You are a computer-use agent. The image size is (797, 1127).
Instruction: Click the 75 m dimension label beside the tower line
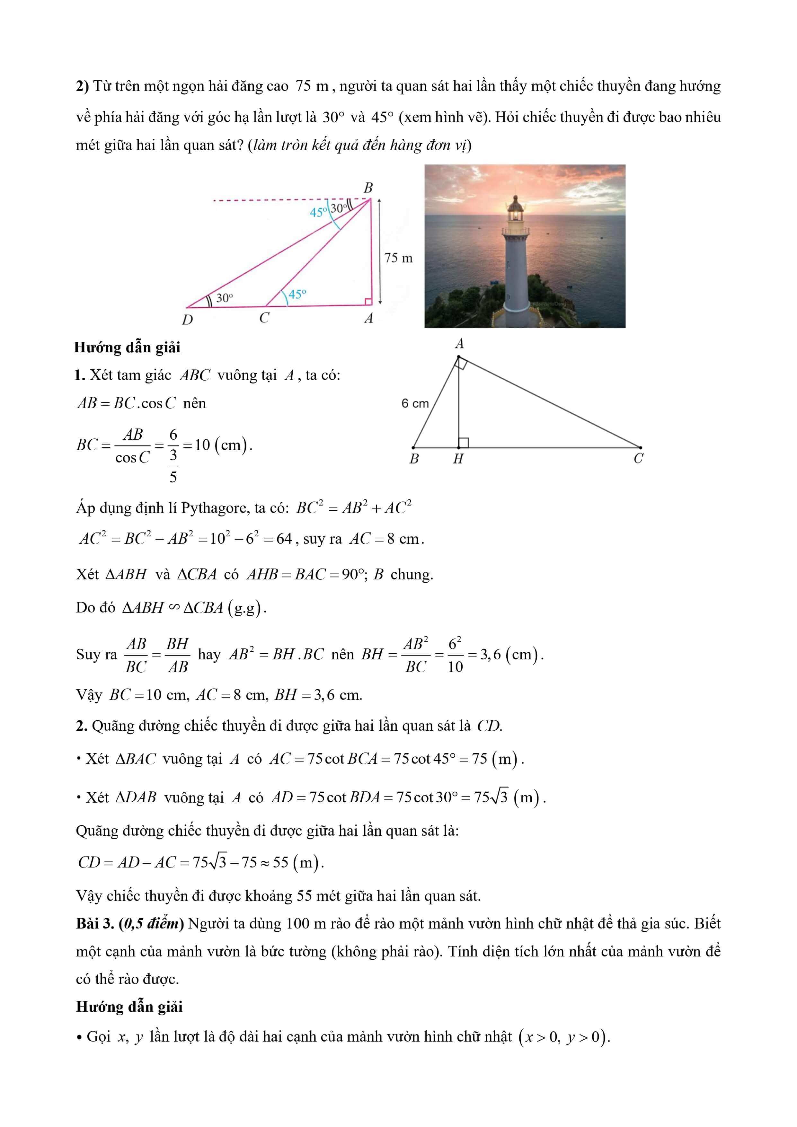click(x=398, y=258)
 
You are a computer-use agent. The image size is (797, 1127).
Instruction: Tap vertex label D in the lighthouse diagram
click(x=187, y=320)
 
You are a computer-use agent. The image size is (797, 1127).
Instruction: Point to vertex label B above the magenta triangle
click(x=368, y=188)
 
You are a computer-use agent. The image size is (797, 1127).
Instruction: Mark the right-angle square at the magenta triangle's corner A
click(x=368, y=301)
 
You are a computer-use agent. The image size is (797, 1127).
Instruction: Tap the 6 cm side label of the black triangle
click(x=415, y=403)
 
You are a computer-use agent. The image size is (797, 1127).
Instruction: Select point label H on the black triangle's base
click(x=458, y=459)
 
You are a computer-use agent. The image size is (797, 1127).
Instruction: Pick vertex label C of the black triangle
click(x=638, y=458)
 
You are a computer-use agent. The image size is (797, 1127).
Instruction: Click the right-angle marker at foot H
click(x=463, y=443)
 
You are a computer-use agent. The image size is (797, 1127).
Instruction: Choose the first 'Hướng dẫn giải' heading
click(x=127, y=348)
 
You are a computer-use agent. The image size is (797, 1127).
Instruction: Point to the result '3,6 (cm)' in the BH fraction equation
click(x=511, y=654)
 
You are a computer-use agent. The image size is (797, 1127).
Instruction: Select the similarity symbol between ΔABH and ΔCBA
click(x=174, y=607)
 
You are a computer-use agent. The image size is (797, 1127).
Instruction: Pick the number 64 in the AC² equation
click(x=284, y=539)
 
